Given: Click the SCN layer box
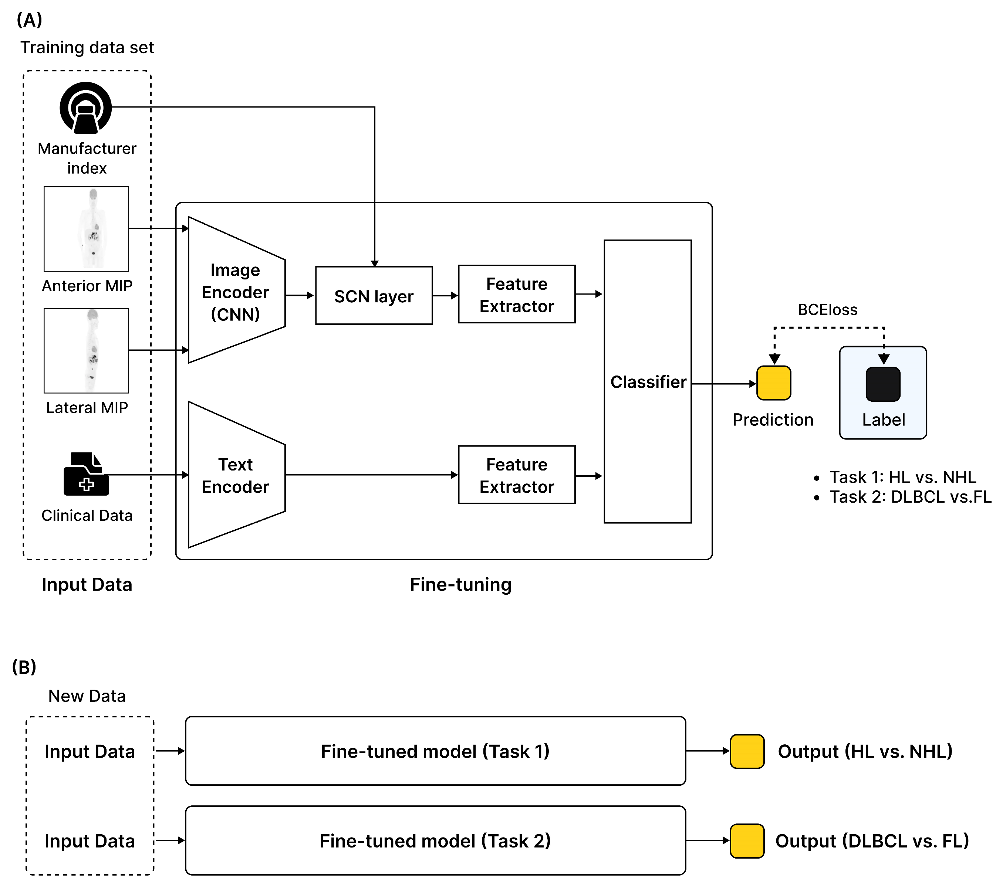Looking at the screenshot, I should (374, 296).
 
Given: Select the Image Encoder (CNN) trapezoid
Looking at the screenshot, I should (236, 291).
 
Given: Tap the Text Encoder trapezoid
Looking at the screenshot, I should (236, 475).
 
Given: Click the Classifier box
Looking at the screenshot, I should (647, 381).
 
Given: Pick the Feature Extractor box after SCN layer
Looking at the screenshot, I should (516, 294).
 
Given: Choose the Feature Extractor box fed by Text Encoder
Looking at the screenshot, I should (516, 475).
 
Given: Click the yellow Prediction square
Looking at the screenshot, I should (773, 383).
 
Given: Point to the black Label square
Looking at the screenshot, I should (883, 384).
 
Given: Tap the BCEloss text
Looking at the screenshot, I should (827, 310).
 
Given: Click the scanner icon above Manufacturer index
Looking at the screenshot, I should (86, 108).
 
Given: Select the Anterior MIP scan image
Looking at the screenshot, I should (87, 229).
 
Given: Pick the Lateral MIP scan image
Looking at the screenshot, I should (87, 351).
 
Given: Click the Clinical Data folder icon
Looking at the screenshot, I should (87, 474).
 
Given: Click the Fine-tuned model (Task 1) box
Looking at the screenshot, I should (435, 751).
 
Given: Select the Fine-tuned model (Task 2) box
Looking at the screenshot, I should (435, 840).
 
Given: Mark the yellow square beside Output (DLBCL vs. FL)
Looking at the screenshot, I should (747, 841).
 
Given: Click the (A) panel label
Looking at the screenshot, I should (30, 20).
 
